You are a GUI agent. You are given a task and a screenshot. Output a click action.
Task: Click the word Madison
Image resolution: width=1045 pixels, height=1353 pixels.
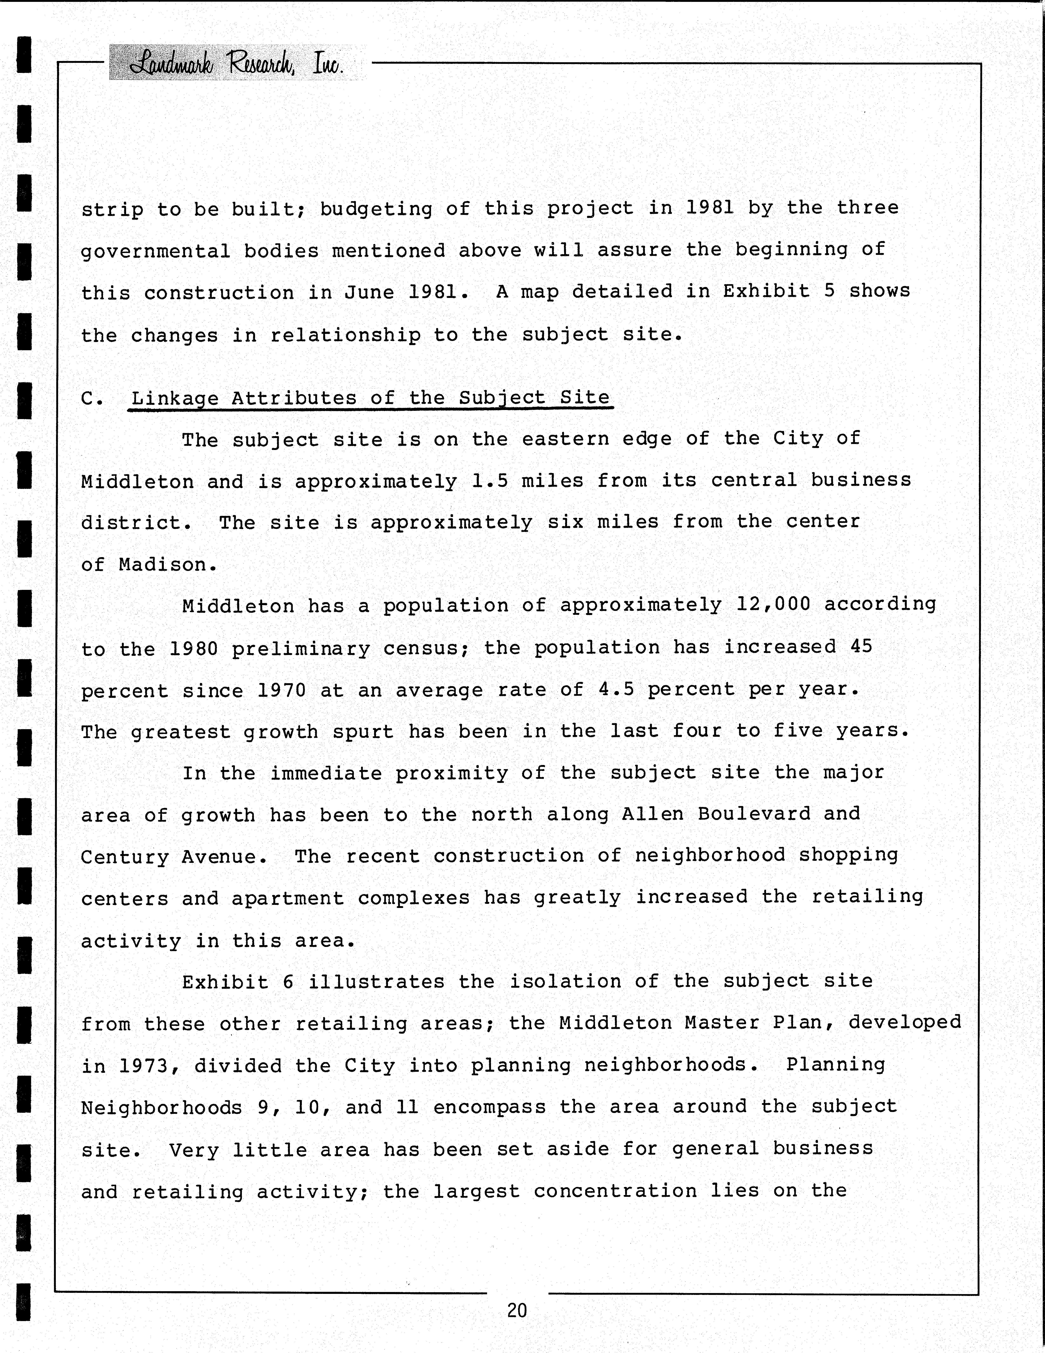click(x=167, y=564)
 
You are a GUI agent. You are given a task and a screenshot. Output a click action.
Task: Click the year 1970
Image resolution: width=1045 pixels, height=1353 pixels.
click(x=282, y=690)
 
